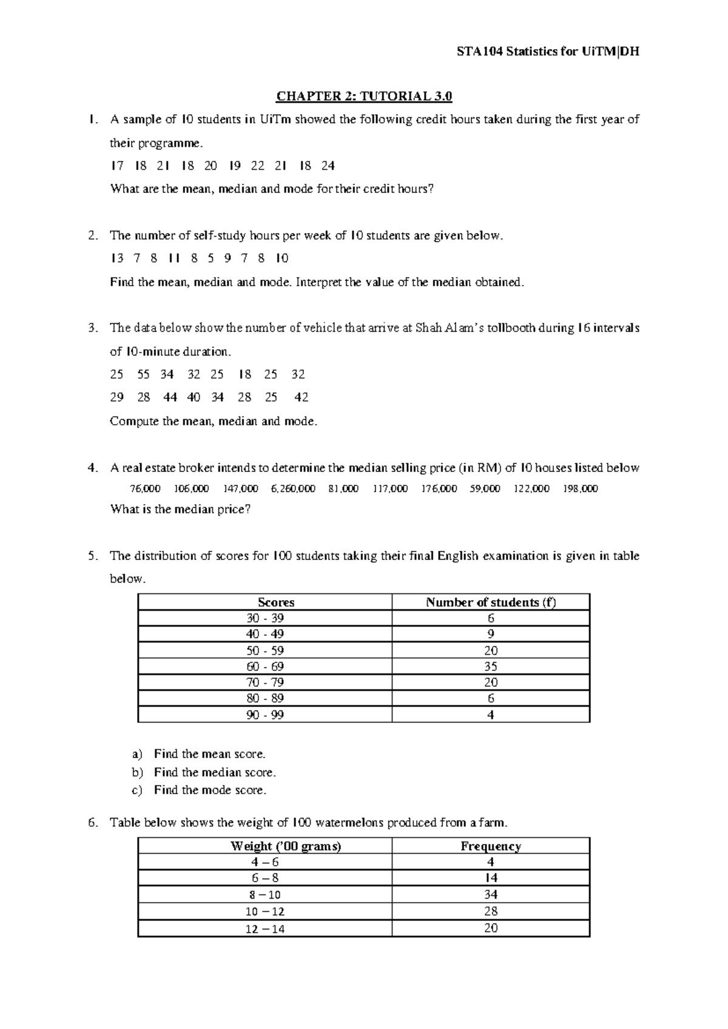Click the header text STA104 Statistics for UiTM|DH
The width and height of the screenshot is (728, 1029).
click(548, 52)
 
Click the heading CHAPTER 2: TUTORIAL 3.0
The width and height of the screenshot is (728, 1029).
click(365, 96)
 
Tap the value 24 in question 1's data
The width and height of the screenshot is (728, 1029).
click(328, 166)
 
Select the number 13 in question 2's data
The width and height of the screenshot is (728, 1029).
click(117, 258)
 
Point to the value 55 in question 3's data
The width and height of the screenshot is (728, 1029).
click(144, 374)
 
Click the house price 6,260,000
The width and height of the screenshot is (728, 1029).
click(293, 488)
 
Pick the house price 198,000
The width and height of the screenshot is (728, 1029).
click(580, 488)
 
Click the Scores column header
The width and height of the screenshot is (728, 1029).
click(276, 602)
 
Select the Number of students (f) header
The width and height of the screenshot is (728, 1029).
click(491, 602)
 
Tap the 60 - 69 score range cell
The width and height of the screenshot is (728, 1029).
click(265, 666)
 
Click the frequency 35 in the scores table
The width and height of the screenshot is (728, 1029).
click(491, 666)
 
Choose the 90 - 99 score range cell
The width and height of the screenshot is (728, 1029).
click(265, 715)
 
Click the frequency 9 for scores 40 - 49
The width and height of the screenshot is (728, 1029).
click(491, 634)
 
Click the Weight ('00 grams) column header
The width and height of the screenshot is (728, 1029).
click(286, 846)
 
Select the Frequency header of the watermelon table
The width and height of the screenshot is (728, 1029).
click(491, 846)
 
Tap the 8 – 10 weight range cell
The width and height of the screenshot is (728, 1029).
click(265, 895)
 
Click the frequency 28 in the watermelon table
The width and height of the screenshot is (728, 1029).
click(491, 911)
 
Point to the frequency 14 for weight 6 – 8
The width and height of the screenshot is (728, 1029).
click(491, 879)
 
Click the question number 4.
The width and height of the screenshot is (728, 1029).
click(92, 468)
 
